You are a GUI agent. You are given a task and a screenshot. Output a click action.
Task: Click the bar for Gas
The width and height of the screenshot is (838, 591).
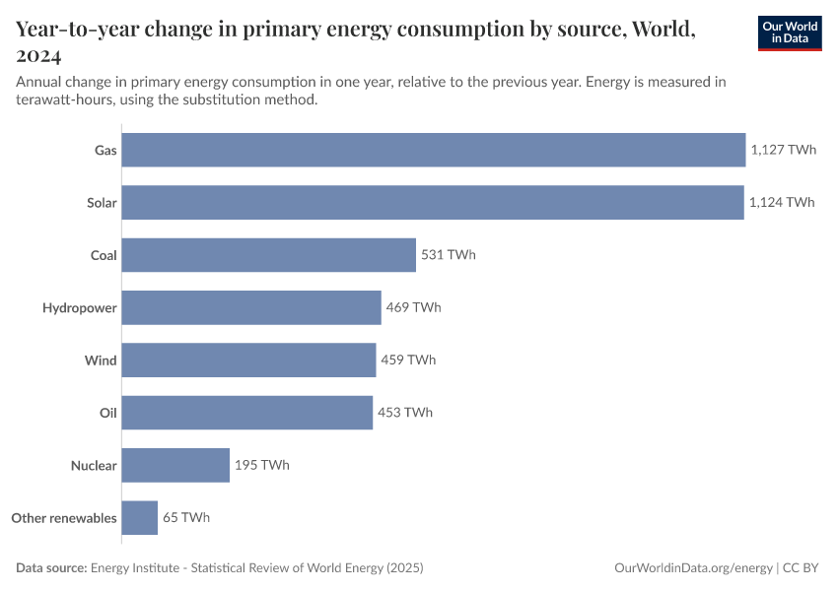pyautogui.click(x=434, y=150)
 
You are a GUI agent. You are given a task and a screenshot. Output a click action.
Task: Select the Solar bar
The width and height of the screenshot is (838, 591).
pyautogui.click(x=433, y=203)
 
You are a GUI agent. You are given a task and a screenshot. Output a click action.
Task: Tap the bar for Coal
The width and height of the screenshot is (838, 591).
pyautogui.click(x=269, y=255)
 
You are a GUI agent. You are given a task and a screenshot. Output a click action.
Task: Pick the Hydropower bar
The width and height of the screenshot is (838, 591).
pyautogui.click(x=251, y=307)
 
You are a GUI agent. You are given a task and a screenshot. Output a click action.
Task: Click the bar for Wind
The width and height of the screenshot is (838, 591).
pyautogui.click(x=248, y=360)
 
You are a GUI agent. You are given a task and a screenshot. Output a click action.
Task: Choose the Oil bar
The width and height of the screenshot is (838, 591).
pyautogui.click(x=247, y=413)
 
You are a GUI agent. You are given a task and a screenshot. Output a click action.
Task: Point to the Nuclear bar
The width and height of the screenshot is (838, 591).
pyautogui.click(x=175, y=465)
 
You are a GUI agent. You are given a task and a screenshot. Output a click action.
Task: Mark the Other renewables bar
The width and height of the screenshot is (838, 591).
pyautogui.click(x=140, y=517)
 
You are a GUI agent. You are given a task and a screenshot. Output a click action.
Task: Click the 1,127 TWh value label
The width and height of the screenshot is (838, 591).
pyautogui.click(x=783, y=150)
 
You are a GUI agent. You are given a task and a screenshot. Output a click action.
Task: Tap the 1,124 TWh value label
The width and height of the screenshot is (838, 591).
pyautogui.click(x=782, y=203)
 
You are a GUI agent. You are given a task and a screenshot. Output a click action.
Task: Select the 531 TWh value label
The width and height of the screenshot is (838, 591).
pyautogui.click(x=449, y=255)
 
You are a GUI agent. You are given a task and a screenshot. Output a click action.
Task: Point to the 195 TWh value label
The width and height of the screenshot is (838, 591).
pyautogui.click(x=262, y=465)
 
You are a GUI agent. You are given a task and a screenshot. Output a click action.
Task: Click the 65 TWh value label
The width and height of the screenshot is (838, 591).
pyautogui.click(x=186, y=517)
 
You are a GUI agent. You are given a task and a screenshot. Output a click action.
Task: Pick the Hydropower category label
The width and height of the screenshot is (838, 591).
pyautogui.click(x=80, y=307)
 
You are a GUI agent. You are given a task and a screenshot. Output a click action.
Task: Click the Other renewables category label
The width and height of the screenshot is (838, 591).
pyautogui.click(x=64, y=517)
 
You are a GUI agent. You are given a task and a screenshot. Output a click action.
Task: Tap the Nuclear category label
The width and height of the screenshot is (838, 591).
pyautogui.click(x=94, y=465)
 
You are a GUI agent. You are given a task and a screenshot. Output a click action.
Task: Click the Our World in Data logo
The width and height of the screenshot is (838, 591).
pyautogui.click(x=790, y=33)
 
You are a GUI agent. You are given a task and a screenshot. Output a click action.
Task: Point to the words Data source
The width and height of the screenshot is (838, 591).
pyautogui.click(x=51, y=568)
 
